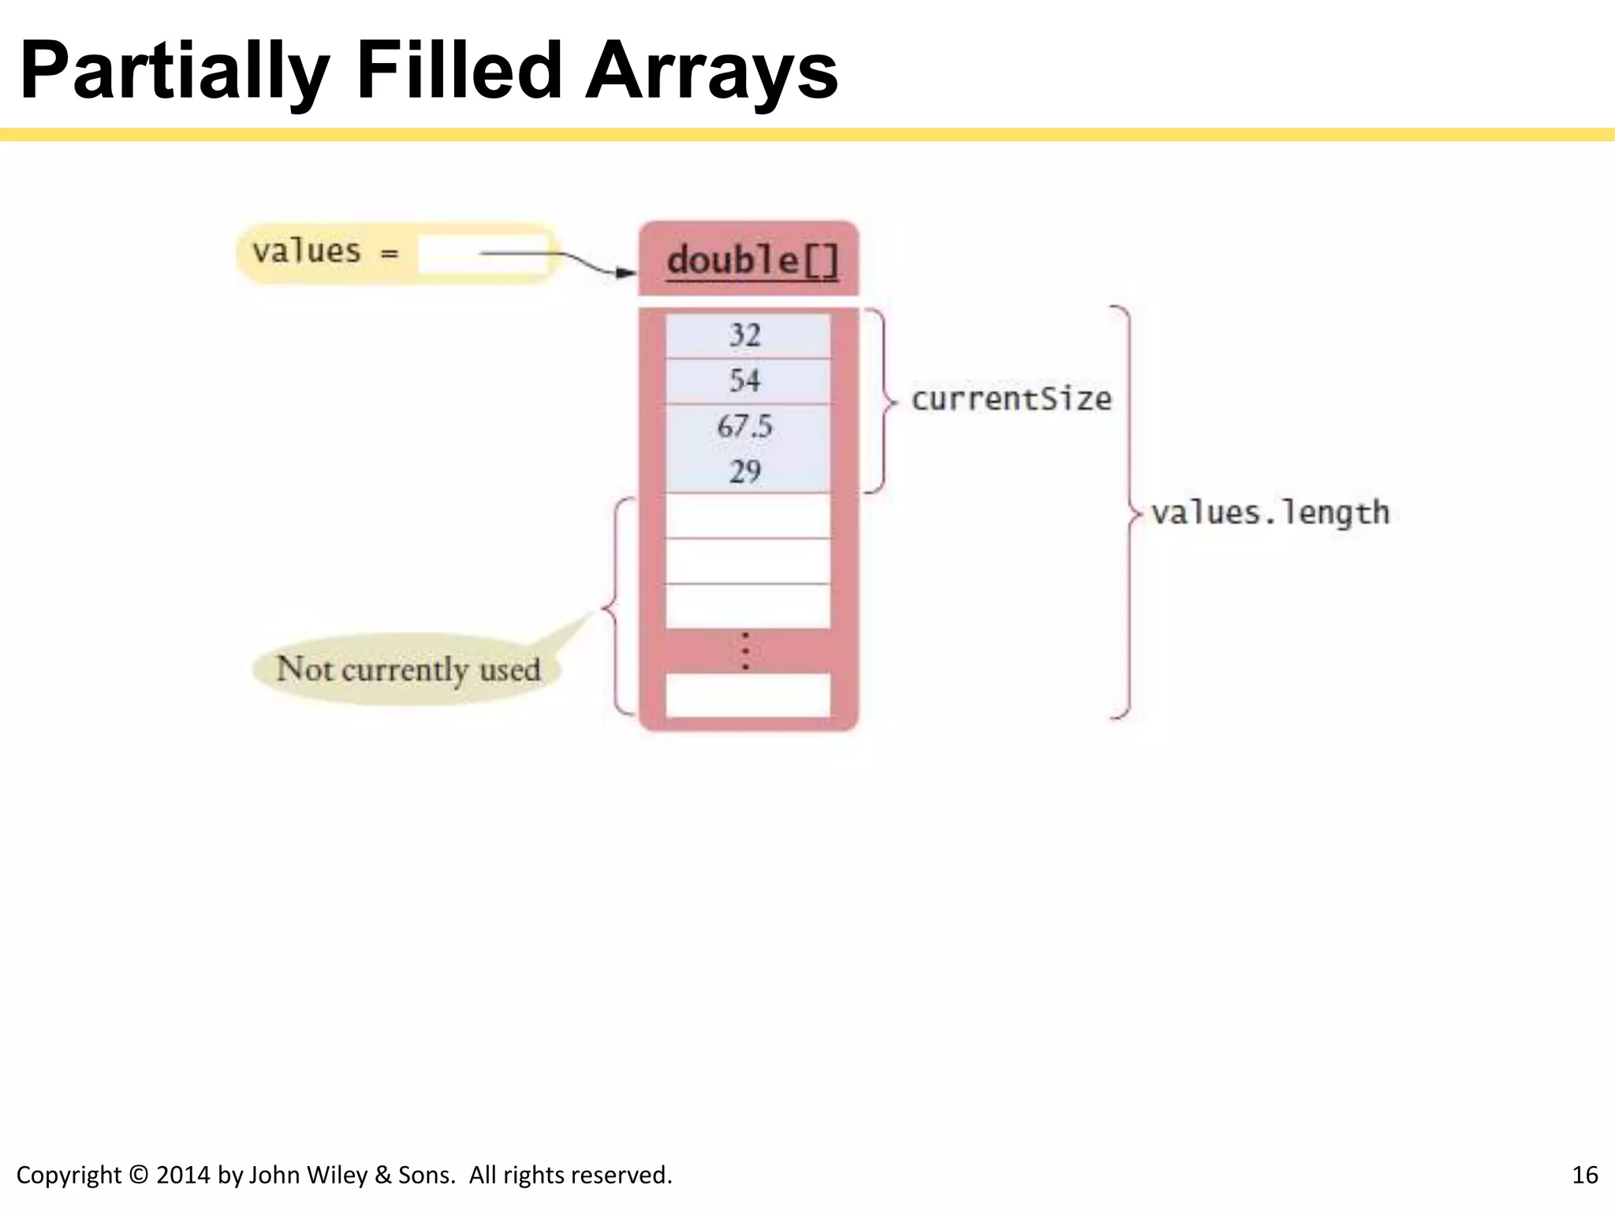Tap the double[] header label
click(x=752, y=261)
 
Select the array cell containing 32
click(x=746, y=336)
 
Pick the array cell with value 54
click(x=746, y=381)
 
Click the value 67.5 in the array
click(x=744, y=427)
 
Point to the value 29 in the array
click(x=744, y=471)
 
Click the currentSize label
click(x=1012, y=399)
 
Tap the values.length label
click(x=1270, y=513)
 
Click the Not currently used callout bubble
click(x=408, y=669)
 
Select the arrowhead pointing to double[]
click(x=626, y=273)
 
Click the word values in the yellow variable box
click(x=306, y=252)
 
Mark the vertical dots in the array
click(x=745, y=651)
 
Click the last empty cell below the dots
click(x=748, y=695)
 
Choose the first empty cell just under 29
click(x=748, y=516)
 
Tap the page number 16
click(x=1584, y=1176)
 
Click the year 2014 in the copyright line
click(x=184, y=1176)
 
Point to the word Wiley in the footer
click(x=340, y=1176)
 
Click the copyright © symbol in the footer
click(x=138, y=1176)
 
